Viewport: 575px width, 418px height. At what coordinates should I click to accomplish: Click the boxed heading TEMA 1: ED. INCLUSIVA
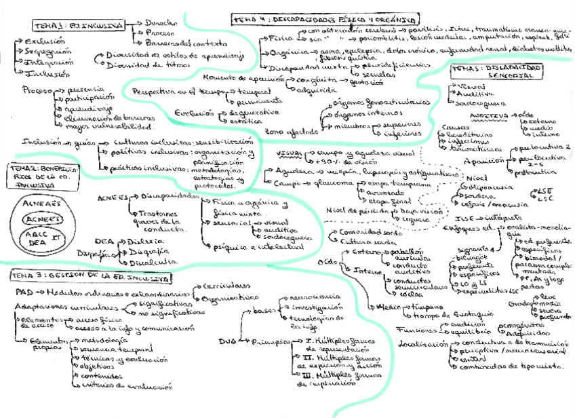[x=79, y=26]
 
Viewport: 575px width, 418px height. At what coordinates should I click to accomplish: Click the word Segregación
[x=48, y=52]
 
